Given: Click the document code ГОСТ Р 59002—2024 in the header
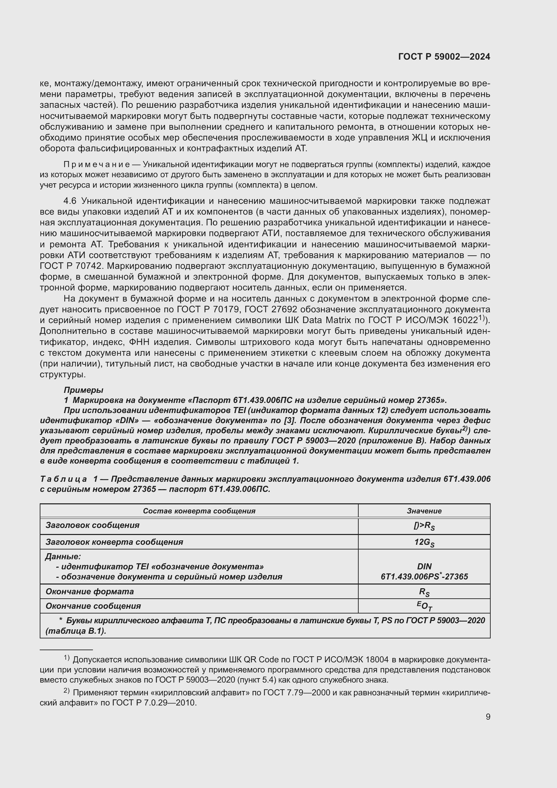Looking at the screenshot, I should point(444,57).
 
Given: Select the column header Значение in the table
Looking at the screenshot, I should point(424,511).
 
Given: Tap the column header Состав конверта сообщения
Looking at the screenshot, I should point(199,511).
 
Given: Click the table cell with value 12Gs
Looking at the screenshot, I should point(424,543).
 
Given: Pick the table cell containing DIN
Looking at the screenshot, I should point(424,566).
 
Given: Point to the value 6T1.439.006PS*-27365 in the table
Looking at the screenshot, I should point(424,576).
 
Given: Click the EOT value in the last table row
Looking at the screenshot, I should point(424,606).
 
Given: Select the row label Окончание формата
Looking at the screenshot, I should point(90,592).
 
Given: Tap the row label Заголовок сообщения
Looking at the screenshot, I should point(92,526).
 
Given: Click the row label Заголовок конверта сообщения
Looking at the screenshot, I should point(114,542).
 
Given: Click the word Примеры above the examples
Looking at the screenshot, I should point(83,390).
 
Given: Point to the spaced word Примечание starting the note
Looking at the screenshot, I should point(97,165).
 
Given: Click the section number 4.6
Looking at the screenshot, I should point(71,201).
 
